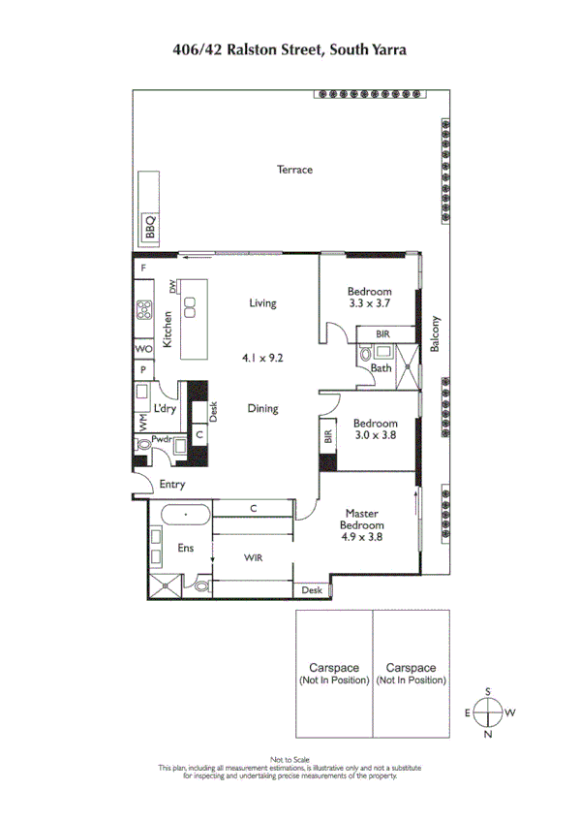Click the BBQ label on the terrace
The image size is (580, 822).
[150, 227]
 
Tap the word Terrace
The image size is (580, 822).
[294, 170]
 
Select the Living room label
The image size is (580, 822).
[261, 303]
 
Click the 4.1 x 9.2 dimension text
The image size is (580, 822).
[261, 358]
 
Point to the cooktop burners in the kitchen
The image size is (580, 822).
[144, 312]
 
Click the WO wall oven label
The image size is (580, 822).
[143, 349]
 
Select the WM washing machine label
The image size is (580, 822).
[143, 423]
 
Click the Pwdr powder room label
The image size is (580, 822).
[161, 439]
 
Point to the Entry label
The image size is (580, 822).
[172, 485]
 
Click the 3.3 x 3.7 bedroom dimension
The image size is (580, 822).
[370, 304]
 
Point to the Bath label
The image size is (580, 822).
[381, 367]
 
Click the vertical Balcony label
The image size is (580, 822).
[437, 335]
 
